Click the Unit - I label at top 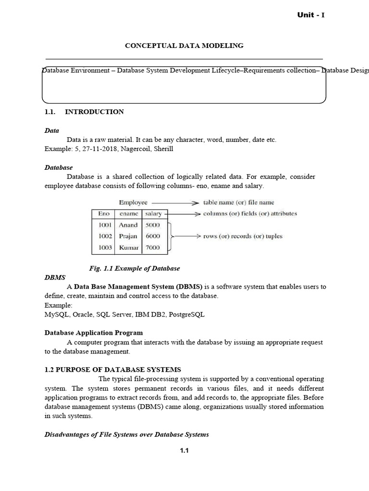coord(311,15)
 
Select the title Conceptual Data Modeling coord(184,46)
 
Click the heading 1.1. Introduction coord(84,112)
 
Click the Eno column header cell coord(103,213)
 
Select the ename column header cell coord(128,213)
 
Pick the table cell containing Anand coord(128,225)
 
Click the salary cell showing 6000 coord(153,236)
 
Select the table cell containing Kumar coord(128,248)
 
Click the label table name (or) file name coord(239,202)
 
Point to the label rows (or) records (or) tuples coord(243,236)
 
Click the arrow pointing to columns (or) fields coord(183,214)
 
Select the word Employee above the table coord(133,202)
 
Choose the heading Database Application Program coord(94,332)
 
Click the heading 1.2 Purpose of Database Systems coord(113,369)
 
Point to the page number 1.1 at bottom coord(184,450)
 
